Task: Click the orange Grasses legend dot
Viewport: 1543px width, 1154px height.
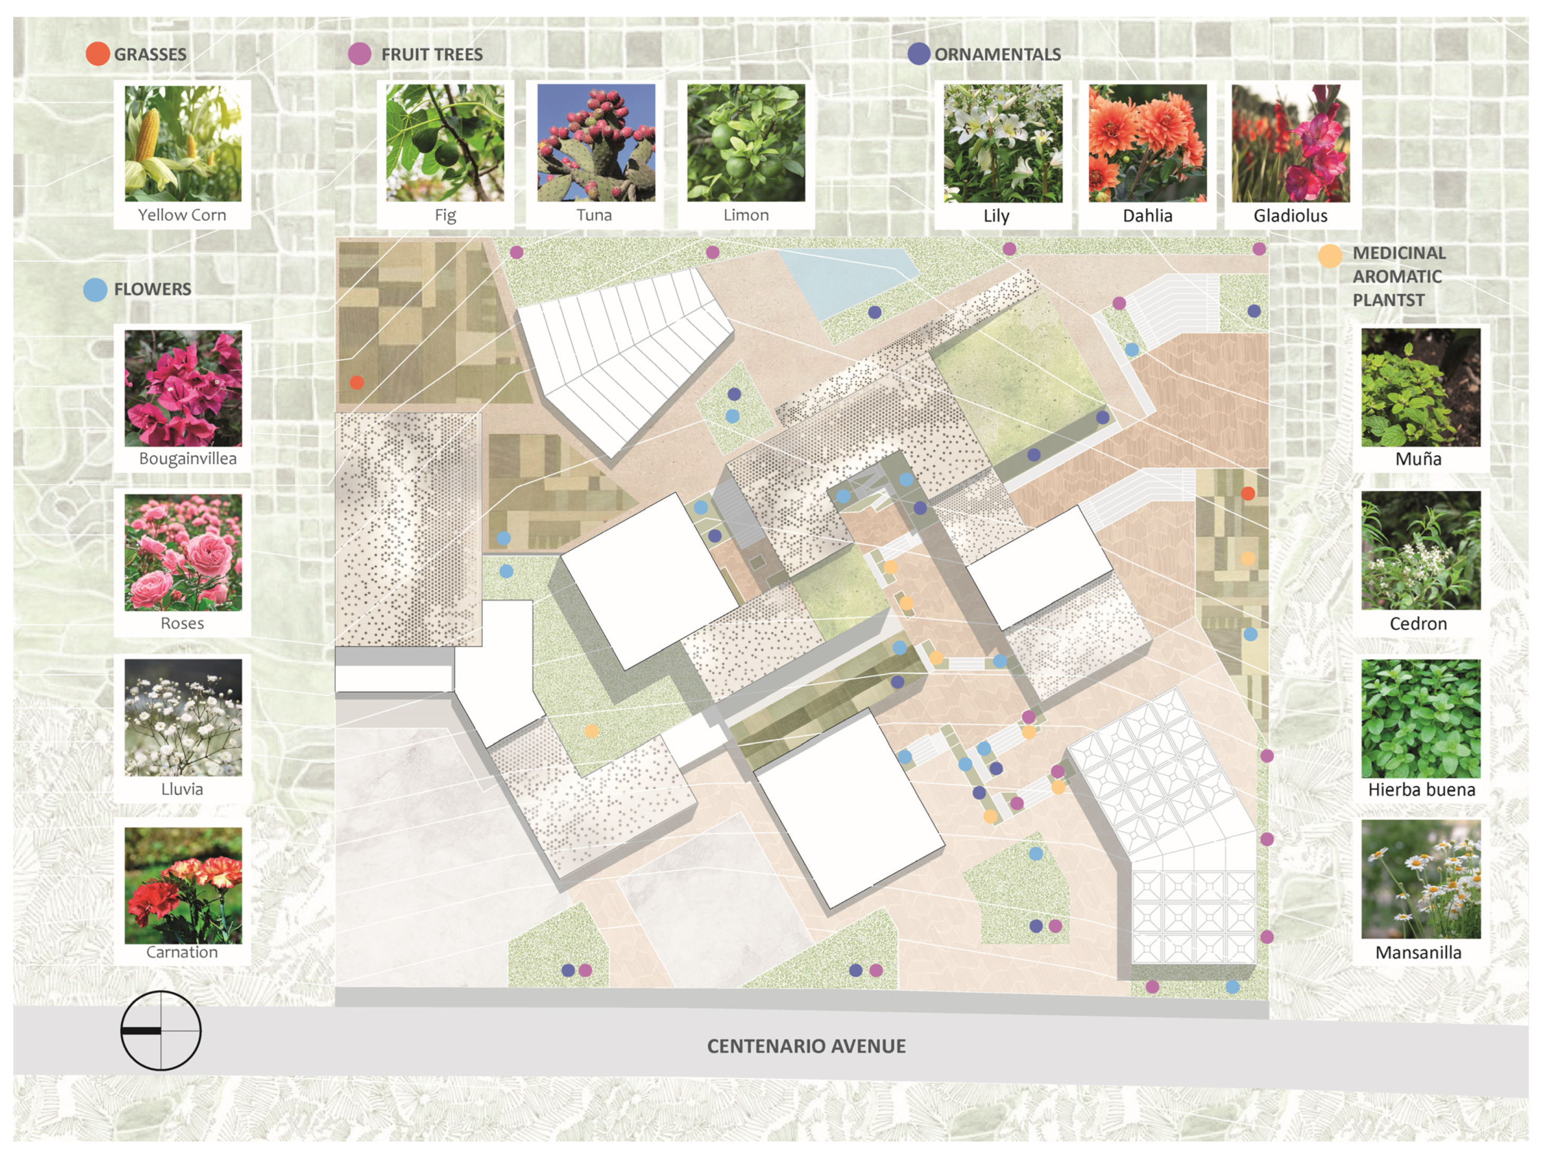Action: [98, 54]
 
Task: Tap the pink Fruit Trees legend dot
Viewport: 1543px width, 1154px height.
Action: [359, 54]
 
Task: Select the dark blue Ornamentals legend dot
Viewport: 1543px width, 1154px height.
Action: [919, 54]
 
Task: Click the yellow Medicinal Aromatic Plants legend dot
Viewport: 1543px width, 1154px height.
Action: [1329, 256]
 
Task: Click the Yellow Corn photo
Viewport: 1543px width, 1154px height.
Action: [183, 143]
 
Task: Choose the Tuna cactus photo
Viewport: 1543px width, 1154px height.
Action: [596, 143]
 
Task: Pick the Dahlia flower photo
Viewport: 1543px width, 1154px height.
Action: [1147, 143]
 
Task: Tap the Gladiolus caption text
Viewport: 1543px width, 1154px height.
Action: [1290, 216]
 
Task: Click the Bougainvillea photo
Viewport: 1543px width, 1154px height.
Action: [183, 388]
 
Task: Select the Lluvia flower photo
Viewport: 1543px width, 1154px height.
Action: [183, 717]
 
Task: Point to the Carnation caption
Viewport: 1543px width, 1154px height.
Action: [182, 952]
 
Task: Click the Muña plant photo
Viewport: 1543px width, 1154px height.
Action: [1420, 388]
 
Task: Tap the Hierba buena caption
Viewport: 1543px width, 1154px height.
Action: [1421, 790]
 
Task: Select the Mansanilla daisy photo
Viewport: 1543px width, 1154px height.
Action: [1420, 880]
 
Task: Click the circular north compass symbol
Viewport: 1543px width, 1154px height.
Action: [161, 1030]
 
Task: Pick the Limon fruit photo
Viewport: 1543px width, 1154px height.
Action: [746, 143]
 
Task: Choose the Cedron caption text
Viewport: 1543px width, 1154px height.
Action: [1417, 623]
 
